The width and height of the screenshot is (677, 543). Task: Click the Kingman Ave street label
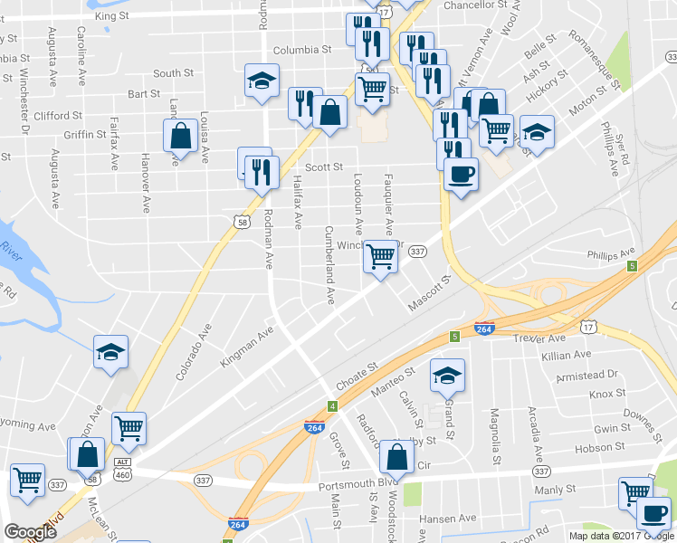pyautogui.click(x=247, y=348)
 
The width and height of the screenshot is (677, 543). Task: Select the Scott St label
pyautogui.click(x=323, y=167)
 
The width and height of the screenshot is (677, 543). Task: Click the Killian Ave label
pyautogui.click(x=567, y=356)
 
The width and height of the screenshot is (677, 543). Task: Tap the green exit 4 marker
pyautogui.click(x=332, y=406)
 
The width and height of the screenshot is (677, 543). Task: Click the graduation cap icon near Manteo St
pyautogui.click(x=446, y=373)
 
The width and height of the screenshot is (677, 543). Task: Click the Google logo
pyautogui.click(x=31, y=532)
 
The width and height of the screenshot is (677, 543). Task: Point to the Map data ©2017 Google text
pyautogui.click(x=619, y=536)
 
